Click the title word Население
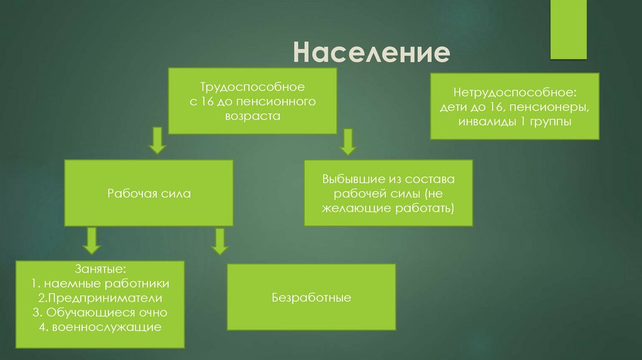tap(372, 53)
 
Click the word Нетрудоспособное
tap(514, 92)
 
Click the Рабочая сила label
tap(149, 194)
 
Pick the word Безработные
tap(311, 297)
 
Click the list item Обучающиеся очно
tap(100, 312)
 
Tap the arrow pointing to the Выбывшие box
tap(347, 141)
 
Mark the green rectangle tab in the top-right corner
tap(568, 28)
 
